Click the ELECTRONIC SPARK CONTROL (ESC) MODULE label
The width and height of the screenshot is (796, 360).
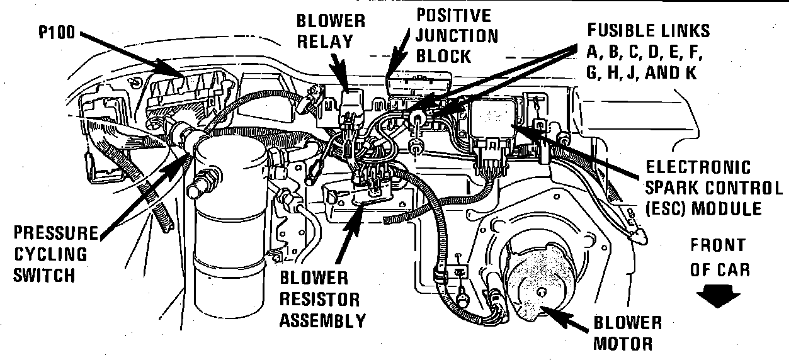point(714,188)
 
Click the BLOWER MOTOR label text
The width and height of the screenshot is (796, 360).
point(627,333)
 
